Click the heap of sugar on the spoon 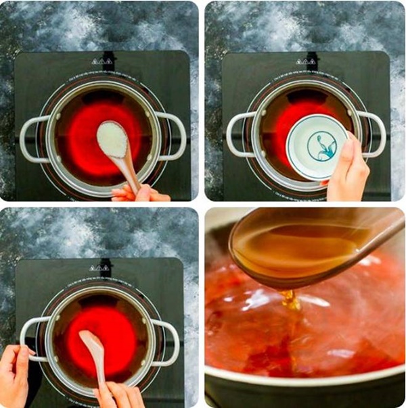(112, 139)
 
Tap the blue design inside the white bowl (318, 147)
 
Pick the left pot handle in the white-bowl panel (236, 135)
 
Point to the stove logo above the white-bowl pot (305, 61)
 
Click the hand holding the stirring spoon (122, 395)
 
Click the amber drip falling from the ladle (290, 301)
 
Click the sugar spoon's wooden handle (129, 169)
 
